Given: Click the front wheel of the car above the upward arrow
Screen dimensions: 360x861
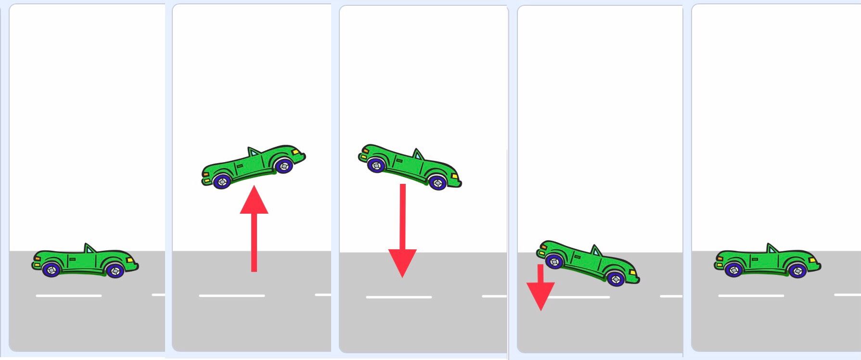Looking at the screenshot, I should [x=284, y=166].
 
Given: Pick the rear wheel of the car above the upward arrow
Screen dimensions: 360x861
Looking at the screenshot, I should [x=222, y=181].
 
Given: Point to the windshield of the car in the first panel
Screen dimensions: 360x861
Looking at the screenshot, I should [x=90, y=249].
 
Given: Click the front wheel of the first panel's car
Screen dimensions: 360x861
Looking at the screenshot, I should [x=115, y=271].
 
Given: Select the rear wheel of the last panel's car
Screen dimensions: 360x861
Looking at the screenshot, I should [x=734, y=270].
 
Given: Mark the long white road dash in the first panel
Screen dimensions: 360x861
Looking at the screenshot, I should [x=68, y=296].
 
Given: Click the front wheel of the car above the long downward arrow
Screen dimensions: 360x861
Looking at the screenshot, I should [x=437, y=182].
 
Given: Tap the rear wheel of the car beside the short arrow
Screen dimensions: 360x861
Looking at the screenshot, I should [x=554, y=261].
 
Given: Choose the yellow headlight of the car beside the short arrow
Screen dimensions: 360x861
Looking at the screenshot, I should [x=632, y=273].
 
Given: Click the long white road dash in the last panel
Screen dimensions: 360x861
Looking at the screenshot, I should [x=751, y=296].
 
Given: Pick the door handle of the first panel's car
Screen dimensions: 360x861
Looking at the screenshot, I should [x=72, y=259].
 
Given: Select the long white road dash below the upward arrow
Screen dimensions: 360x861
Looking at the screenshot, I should [x=232, y=296].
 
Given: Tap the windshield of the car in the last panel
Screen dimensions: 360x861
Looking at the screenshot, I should [x=772, y=249].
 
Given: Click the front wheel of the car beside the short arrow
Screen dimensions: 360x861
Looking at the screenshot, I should [x=616, y=278].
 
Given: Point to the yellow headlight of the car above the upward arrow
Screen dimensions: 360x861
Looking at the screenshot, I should [x=295, y=152].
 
